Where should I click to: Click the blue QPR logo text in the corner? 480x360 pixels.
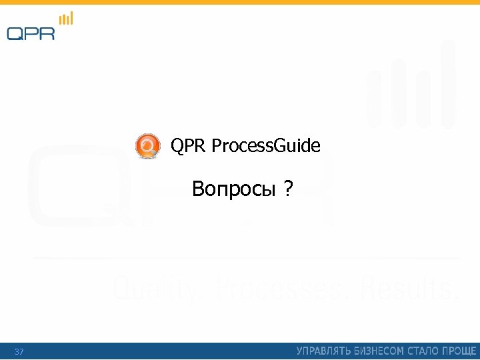[31, 33]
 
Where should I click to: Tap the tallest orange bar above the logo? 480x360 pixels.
[71, 18]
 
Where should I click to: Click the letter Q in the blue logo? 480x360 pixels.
[15, 33]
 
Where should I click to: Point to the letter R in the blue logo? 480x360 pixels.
[47, 33]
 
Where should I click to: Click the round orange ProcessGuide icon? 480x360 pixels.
[147, 145]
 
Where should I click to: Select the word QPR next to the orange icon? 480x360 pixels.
[189, 145]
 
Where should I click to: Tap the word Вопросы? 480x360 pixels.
[233, 190]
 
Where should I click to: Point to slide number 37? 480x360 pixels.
[19, 351]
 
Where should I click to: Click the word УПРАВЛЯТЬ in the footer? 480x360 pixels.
[322, 351]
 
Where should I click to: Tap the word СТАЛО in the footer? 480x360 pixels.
[421, 351]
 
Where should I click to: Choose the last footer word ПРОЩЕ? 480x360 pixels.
[459, 351]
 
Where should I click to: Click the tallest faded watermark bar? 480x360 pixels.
[448, 83]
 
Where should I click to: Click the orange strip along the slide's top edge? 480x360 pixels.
[240, 2]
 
